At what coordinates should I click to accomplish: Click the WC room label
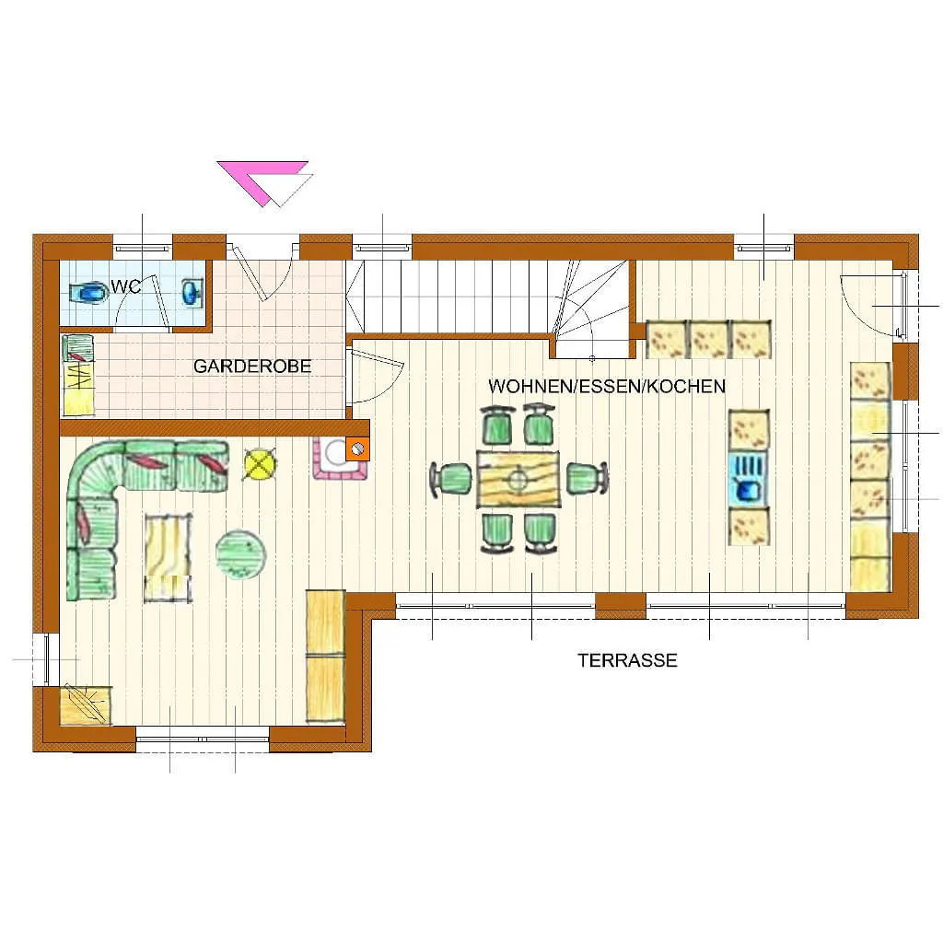click(x=125, y=287)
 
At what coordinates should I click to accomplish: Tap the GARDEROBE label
click(x=252, y=367)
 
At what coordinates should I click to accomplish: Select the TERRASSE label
click(x=627, y=660)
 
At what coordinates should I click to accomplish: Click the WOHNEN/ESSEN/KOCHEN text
click(x=607, y=386)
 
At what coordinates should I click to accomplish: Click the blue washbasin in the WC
click(x=192, y=292)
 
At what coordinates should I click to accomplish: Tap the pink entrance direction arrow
click(x=263, y=180)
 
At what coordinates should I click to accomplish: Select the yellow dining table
click(x=518, y=479)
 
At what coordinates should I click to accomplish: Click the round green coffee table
click(x=240, y=553)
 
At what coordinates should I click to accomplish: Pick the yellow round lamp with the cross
click(x=260, y=464)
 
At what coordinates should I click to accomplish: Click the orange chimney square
click(x=357, y=448)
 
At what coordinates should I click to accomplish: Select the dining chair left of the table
click(x=452, y=479)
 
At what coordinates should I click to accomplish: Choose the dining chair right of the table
click(x=587, y=478)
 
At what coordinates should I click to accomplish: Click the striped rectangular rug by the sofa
click(x=168, y=557)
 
